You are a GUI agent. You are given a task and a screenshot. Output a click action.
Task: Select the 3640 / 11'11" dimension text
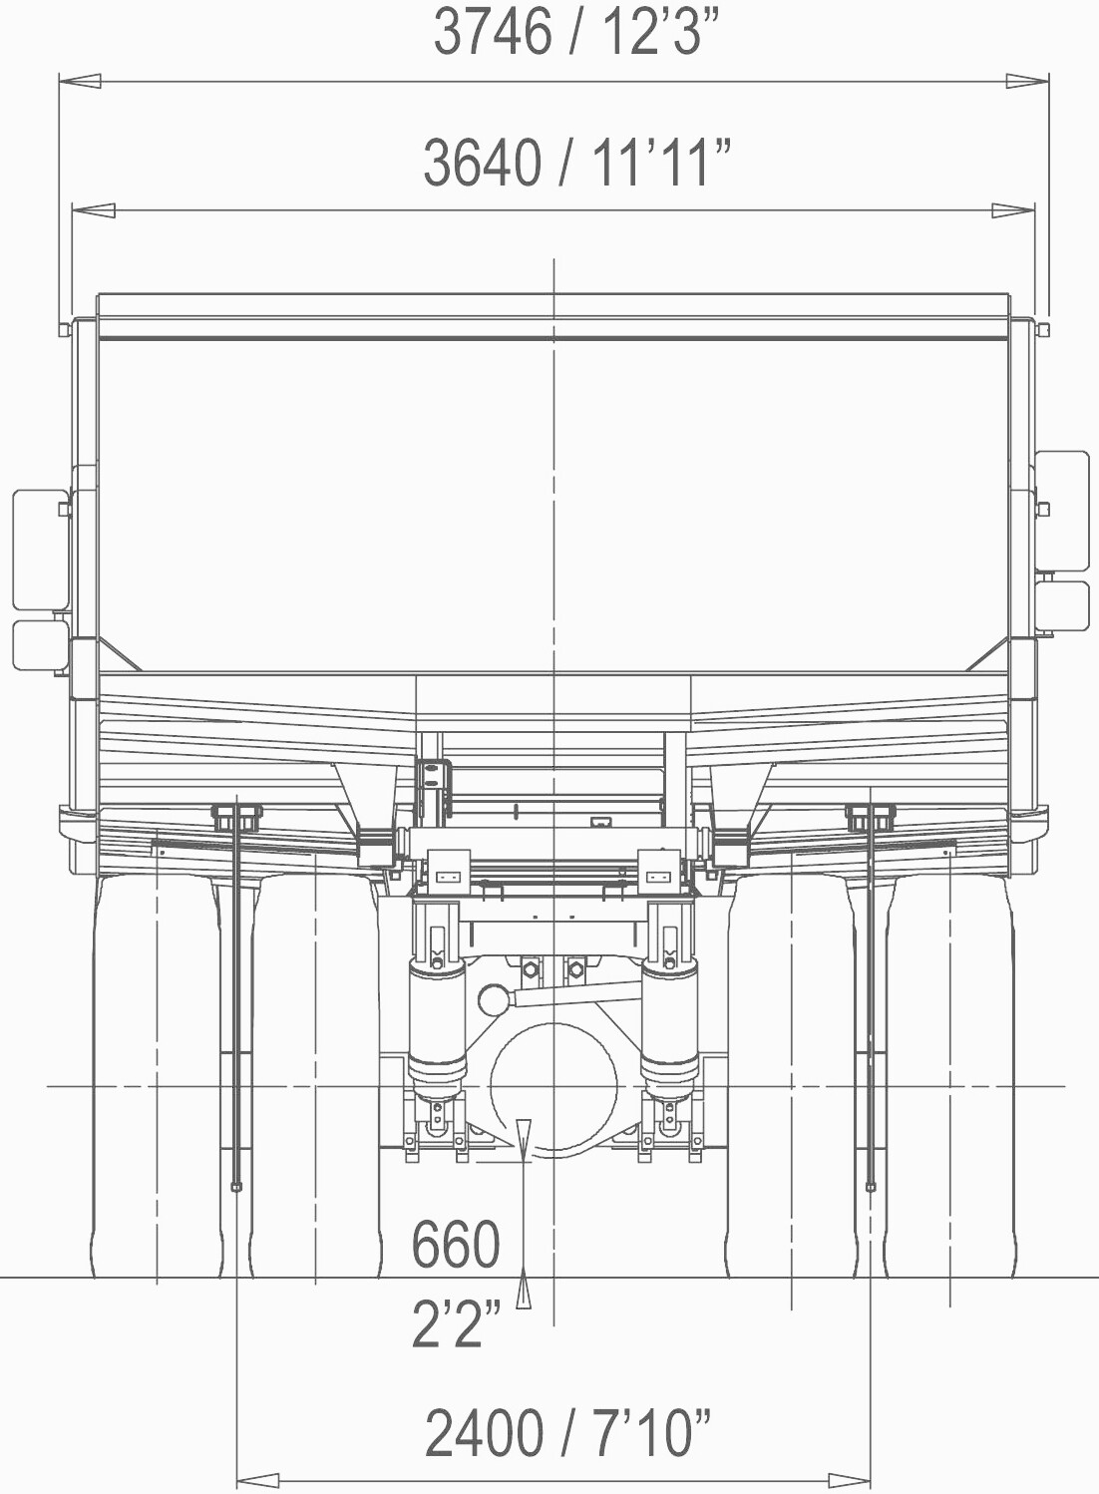coord(577,163)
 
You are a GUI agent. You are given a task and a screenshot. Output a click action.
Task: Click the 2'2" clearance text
coord(456,1322)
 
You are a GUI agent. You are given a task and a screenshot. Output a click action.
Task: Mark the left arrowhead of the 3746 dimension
coord(80,82)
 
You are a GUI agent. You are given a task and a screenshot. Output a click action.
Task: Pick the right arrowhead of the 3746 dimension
coord(1027,82)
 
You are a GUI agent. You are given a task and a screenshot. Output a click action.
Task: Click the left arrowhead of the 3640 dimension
coord(93,210)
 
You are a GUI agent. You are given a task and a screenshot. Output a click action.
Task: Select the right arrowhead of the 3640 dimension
coord(1013,210)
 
